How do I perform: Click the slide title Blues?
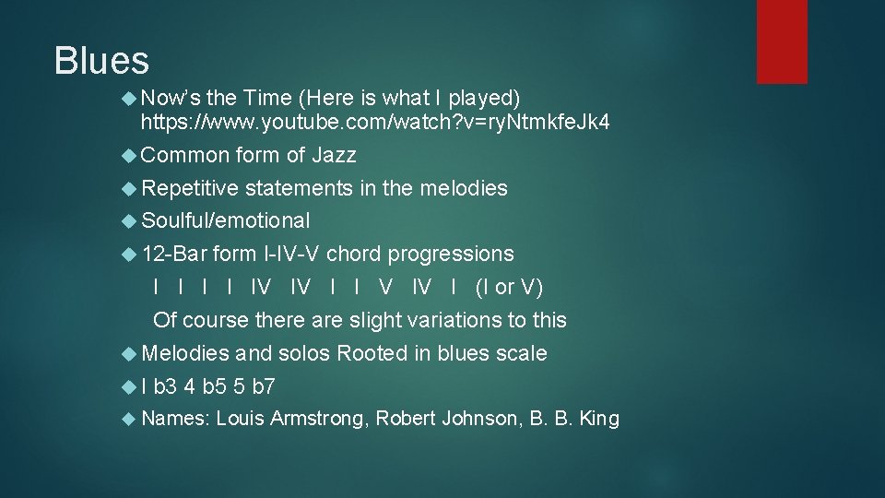point(101,61)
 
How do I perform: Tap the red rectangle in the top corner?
point(782,41)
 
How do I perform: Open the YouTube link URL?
point(374,122)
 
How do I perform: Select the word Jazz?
point(334,156)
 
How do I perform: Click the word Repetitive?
point(190,188)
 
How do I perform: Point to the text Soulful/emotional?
point(226,220)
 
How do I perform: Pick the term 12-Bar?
point(174,254)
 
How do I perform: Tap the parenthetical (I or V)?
point(509,287)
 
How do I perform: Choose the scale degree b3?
point(166,386)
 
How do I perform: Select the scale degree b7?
point(264,386)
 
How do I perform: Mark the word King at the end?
point(599,420)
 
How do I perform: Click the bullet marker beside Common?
point(129,156)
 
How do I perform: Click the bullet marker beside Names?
point(129,420)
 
